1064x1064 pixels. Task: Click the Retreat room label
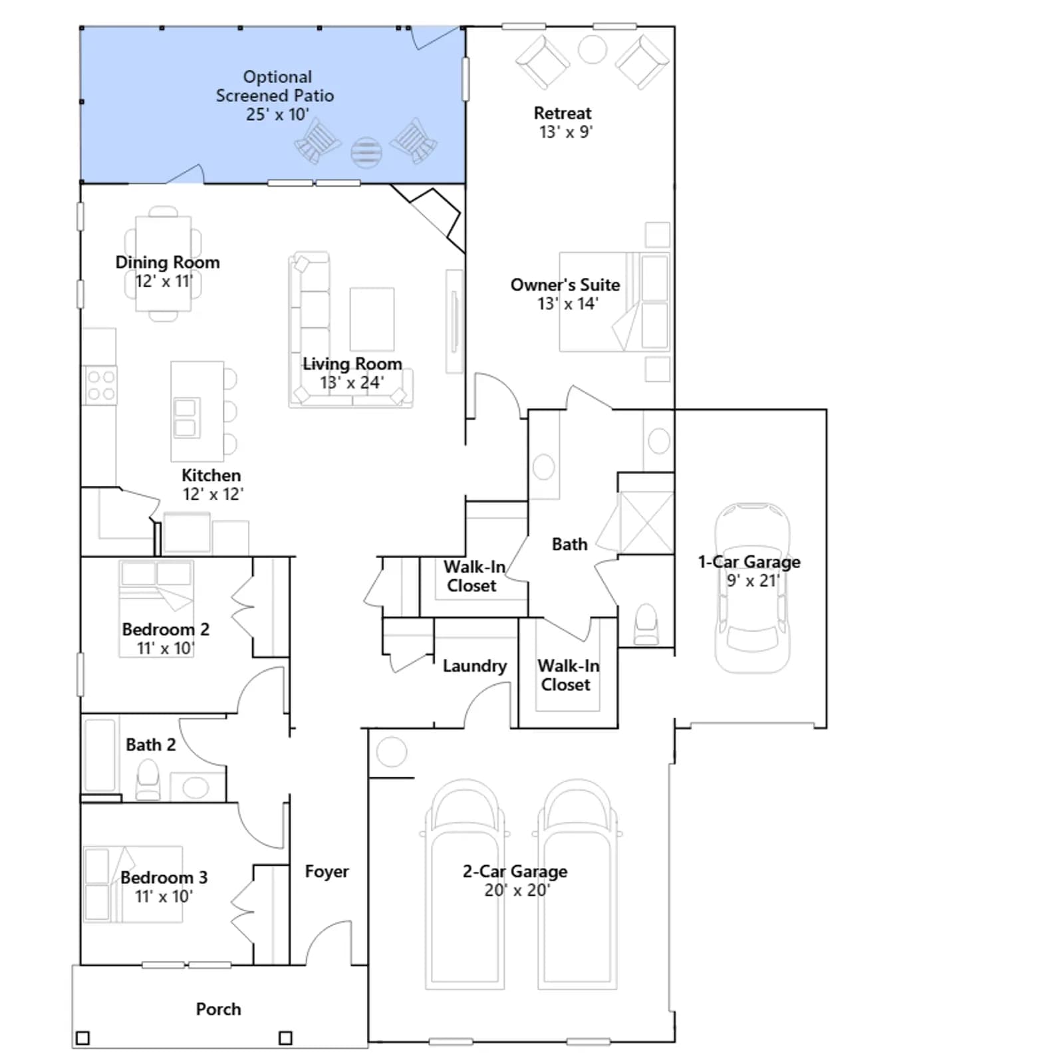click(563, 113)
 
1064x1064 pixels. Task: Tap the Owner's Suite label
click(565, 285)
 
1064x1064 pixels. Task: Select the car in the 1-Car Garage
click(752, 588)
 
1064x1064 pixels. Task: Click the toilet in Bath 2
click(148, 780)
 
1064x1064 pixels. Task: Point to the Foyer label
click(327, 871)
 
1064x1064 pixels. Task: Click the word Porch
click(218, 1009)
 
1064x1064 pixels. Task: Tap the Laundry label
click(475, 666)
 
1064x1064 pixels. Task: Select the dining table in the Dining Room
click(163, 263)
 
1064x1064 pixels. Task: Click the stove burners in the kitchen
click(101, 385)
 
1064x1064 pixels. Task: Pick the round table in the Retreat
click(592, 49)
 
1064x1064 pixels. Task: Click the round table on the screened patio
click(366, 152)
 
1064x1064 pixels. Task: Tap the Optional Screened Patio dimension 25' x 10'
click(277, 114)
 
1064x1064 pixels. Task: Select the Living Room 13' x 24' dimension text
click(352, 382)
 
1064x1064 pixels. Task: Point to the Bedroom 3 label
click(164, 877)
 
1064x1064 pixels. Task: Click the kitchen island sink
click(186, 418)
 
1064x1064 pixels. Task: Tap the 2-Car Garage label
click(515, 871)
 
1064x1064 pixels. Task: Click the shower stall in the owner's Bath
click(646, 523)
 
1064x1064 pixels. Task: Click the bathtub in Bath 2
click(100, 755)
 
